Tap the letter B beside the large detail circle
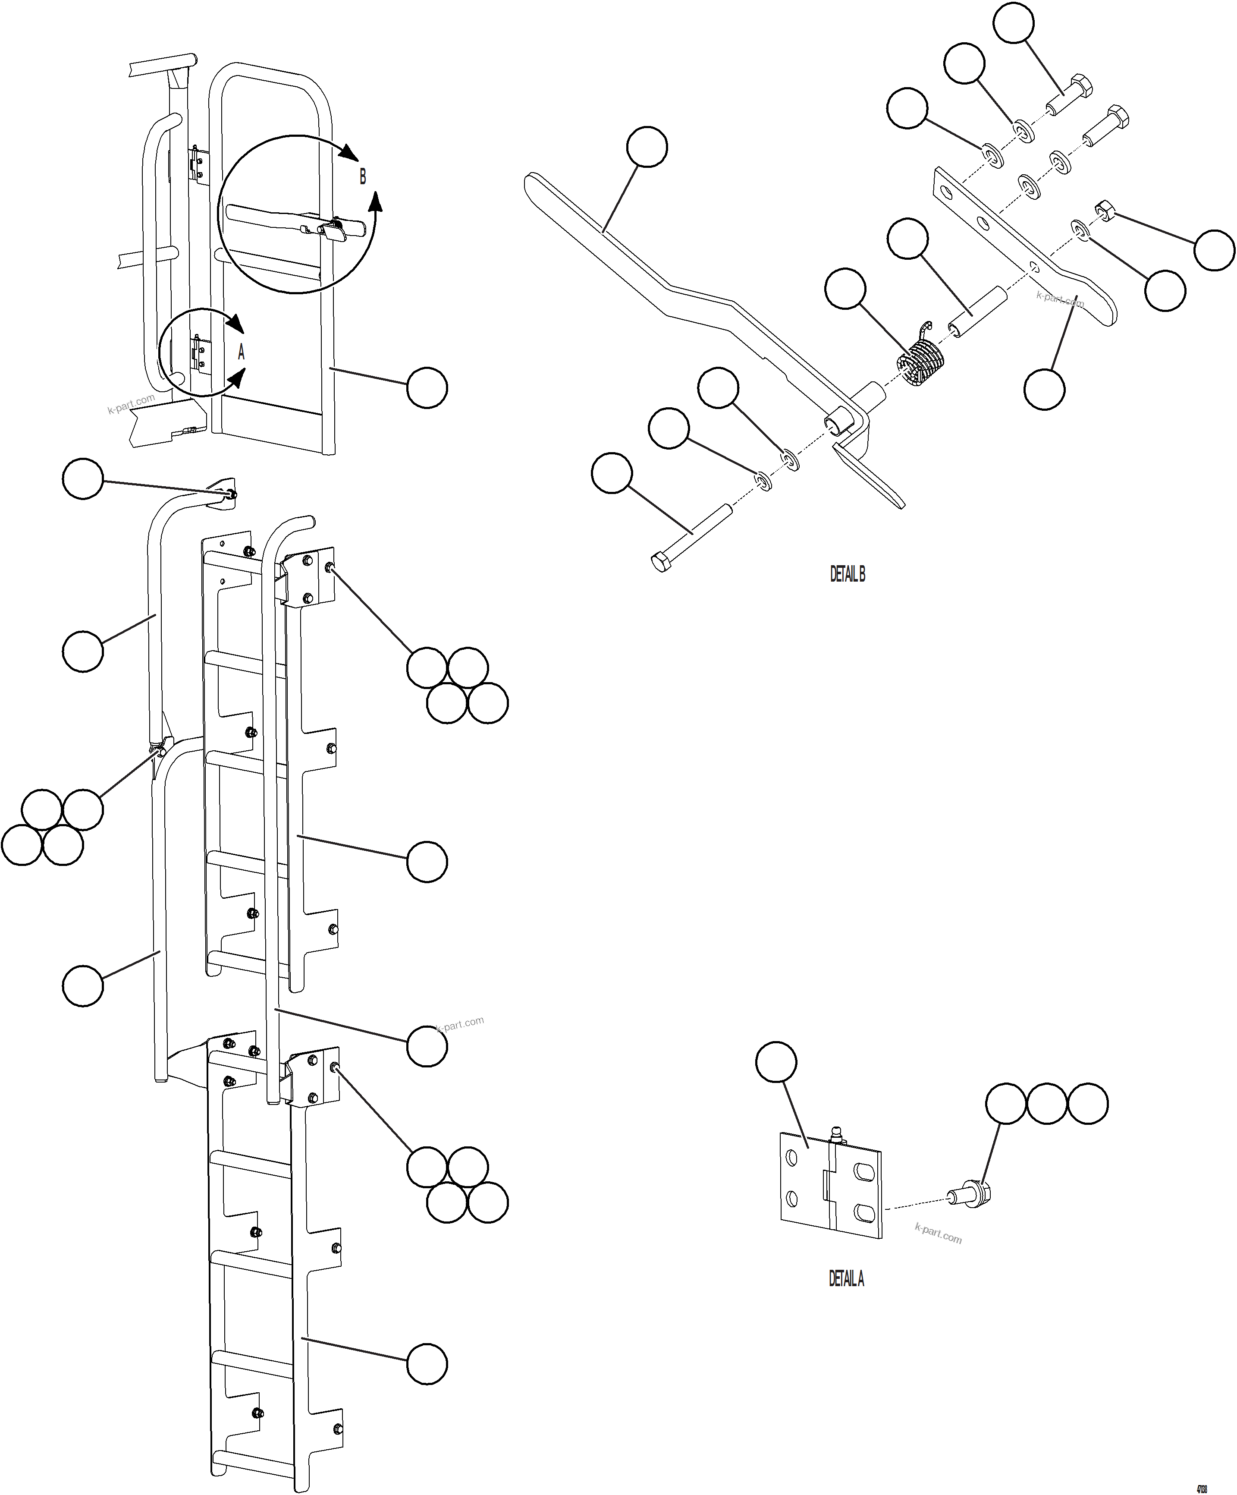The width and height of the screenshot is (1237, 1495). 362,176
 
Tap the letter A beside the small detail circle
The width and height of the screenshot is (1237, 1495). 241,352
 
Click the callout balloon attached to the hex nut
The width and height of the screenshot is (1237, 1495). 1214,250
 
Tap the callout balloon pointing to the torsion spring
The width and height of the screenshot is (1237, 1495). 845,289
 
